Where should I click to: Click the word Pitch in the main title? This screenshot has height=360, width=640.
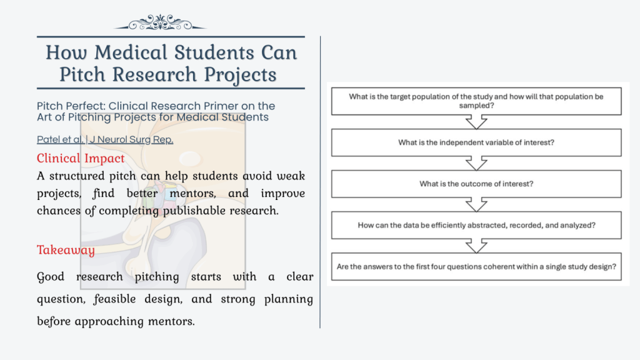click(x=82, y=74)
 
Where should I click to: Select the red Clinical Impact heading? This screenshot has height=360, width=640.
click(x=81, y=158)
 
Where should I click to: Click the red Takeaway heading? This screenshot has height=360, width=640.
click(x=66, y=251)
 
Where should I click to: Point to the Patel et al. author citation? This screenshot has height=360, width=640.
click(x=60, y=140)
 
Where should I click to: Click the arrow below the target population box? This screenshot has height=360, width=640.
click(x=476, y=122)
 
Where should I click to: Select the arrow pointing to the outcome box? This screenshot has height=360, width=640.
click(x=476, y=163)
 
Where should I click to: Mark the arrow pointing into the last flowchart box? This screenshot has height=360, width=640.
click(x=476, y=246)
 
